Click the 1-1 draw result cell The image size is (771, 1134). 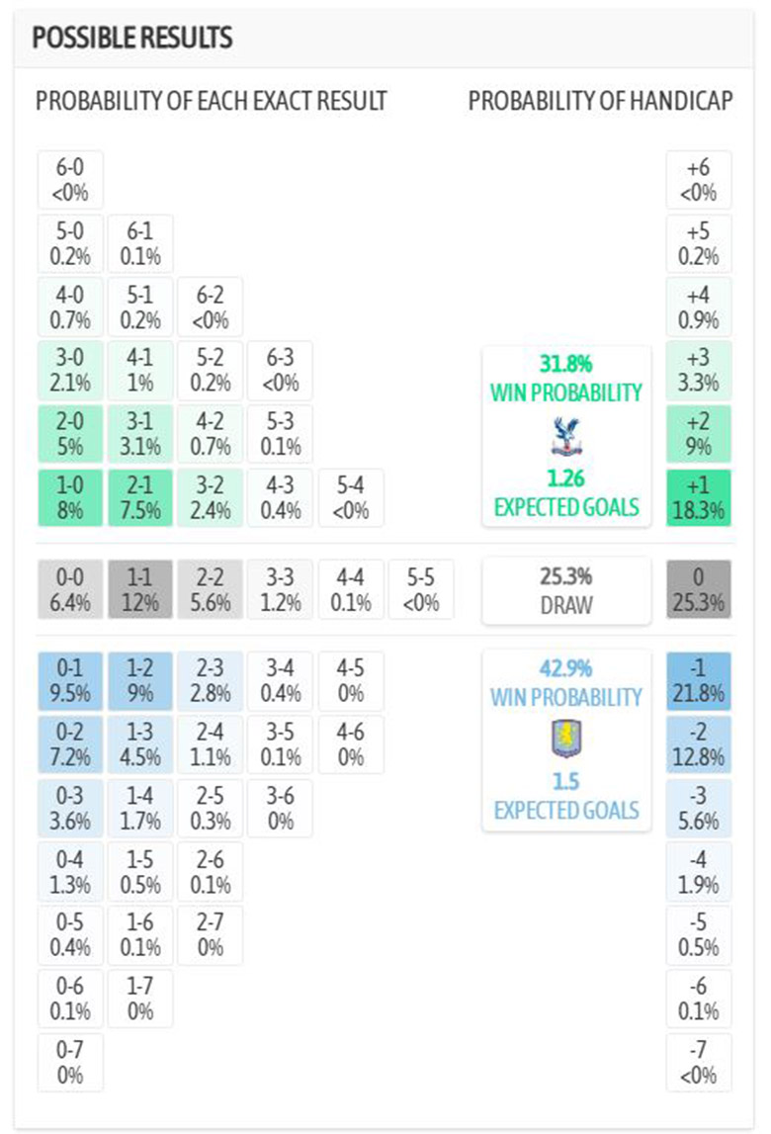(139, 589)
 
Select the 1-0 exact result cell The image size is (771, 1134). (70, 497)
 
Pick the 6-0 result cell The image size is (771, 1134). (70, 179)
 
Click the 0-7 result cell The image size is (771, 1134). (70, 1063)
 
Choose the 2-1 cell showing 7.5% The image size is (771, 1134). (139, 497)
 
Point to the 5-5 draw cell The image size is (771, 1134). (421, 589)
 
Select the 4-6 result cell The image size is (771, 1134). (350, 744)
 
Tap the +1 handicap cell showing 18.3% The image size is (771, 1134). (699, 497)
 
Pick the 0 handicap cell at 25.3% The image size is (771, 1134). (699, 589)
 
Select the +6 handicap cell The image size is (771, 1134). (699, 179)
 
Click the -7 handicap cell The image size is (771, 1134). (699, 1063)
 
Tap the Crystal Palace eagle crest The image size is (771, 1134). (565, 435)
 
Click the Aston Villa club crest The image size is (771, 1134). (565, 739)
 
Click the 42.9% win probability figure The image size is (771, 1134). (565, 667)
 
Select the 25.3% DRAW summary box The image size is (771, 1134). (565, 590)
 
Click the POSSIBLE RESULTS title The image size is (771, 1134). (132, 39)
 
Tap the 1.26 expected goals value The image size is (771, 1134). (565, 480)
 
